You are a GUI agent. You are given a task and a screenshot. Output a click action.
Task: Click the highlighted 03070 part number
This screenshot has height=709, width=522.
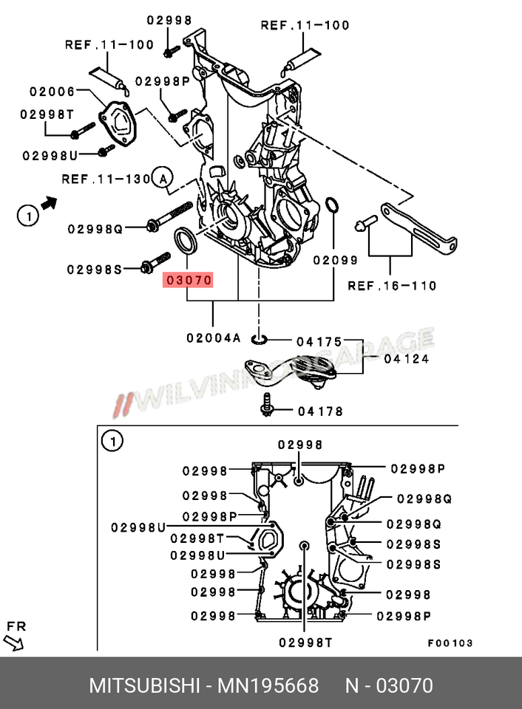189,281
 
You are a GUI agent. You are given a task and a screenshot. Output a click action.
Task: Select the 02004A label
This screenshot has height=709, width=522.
213,338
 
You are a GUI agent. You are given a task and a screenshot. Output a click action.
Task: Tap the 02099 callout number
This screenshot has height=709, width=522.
334,260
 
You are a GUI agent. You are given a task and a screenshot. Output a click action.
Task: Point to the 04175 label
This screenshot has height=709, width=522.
319,342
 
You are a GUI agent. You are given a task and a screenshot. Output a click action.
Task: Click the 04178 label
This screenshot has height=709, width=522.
320,411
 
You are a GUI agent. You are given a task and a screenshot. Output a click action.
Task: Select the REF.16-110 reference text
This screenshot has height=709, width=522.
392,285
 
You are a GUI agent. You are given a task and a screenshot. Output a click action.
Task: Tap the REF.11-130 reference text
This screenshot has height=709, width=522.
106,178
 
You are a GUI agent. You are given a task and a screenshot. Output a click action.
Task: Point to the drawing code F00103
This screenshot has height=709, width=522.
450,643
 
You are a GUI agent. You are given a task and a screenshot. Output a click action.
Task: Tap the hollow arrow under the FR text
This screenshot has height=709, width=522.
14,644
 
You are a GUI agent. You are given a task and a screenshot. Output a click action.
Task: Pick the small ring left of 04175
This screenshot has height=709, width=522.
258,339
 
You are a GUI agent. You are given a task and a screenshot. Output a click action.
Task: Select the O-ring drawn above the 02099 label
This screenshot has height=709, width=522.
332,207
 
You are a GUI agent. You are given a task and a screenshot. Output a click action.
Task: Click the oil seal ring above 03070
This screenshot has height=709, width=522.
184,241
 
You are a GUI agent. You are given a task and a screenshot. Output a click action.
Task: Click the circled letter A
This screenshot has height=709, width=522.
163,178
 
